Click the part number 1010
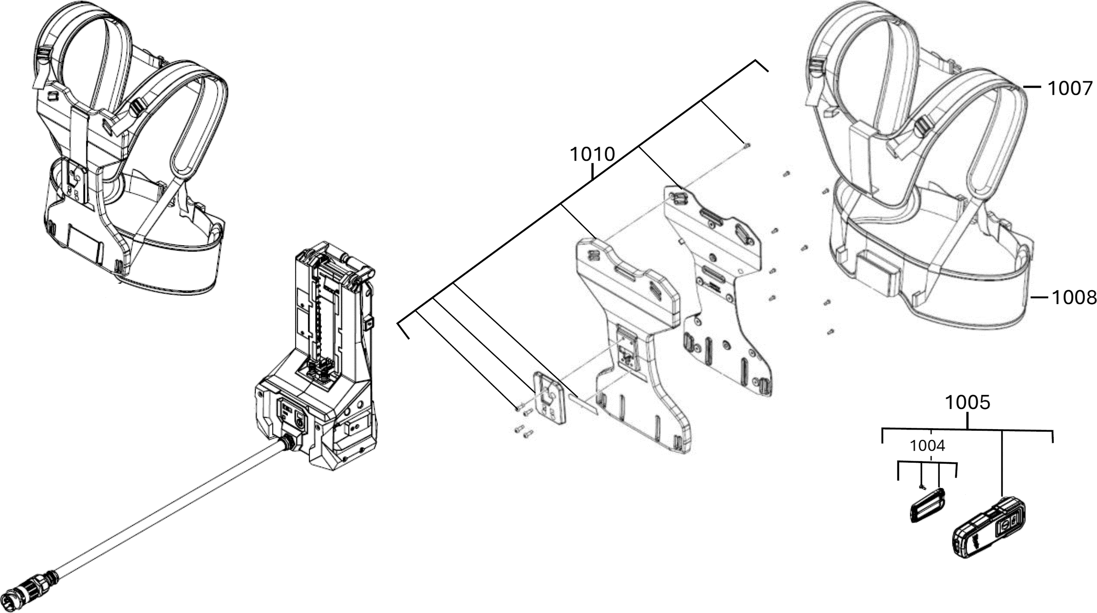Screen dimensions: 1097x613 592,154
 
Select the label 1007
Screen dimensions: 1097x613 1070,89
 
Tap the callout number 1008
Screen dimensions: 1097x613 1074,298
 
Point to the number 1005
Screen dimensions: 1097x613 967,402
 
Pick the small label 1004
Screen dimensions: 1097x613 927,446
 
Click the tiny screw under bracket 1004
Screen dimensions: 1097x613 920,486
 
